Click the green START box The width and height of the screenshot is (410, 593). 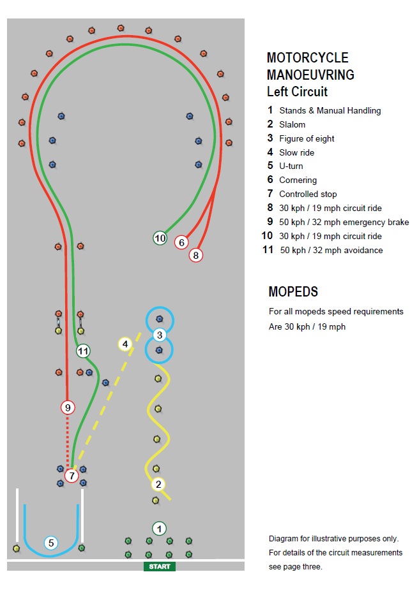pos(159,566)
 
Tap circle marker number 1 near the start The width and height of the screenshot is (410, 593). pos(159,529)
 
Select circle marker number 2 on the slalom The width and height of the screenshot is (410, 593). pos(158,484)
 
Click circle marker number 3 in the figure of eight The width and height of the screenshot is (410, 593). pos(160,335)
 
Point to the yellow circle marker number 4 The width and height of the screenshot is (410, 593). pos(125,344)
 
